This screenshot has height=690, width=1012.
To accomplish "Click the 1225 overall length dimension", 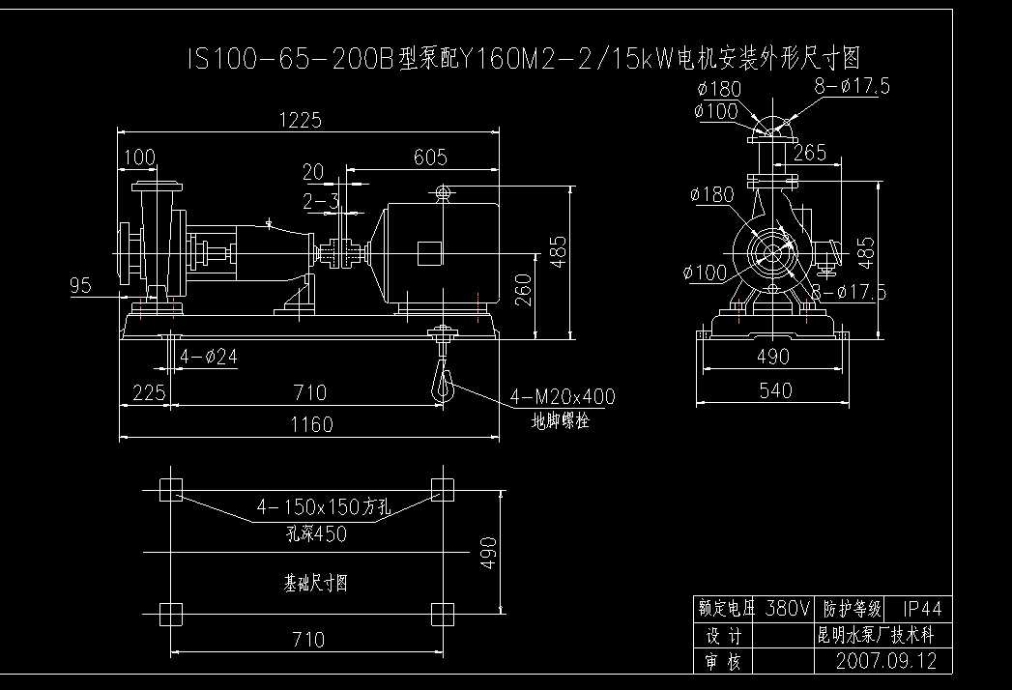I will coord(300,120).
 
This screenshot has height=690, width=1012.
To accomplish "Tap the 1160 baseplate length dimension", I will coord(310,424).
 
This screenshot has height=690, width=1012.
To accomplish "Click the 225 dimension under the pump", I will coord(142,392).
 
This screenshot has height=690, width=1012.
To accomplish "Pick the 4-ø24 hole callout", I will coord(208,357).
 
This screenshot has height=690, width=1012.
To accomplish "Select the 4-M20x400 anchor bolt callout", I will coord(562,396).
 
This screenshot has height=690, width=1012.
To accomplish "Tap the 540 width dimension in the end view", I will coord(775,389).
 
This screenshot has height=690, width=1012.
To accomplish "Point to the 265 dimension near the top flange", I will coord(809,152).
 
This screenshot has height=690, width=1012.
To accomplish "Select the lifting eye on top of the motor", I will coord(444,192).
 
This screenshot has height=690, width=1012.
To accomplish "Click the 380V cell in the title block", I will coord(787,609).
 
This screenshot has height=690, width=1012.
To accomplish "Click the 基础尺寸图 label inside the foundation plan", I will coord(315,584).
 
